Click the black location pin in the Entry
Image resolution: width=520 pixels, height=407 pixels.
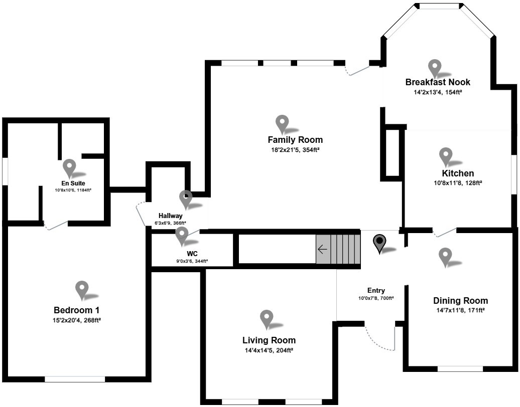pyautogui.click(x=380, y=243)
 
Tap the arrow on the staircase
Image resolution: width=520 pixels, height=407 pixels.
pyautogui.click(x=322, y=249)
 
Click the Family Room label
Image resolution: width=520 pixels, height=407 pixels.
pyautogui.click(x=295, y=140)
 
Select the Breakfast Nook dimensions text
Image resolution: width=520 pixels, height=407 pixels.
pyautogui.click(x=438, y=92)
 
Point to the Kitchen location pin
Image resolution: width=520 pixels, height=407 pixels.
pyautogui.click(x=446, y=156)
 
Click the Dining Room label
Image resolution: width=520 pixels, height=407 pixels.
pyautogui.click(x=460, y=301)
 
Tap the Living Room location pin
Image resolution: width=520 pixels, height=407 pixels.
pyautogui.click(x=267, y=319)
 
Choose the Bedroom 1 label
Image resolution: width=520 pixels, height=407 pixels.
pyautogui.click(x=80, y=310)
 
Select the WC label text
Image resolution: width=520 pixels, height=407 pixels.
pyautogui.click(x=192, y=254)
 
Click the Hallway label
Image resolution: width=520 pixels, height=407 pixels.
pyautogui.click(x=171, y=216)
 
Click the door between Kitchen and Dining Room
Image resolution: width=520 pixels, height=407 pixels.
pyautogui.click(x=445, y=232)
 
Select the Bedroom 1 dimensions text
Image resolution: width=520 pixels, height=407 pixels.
pyautogui.click(x=80, y=320)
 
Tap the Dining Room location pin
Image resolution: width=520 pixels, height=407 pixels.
pyautogui.click(x=445, y=257)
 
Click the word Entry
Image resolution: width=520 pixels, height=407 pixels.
pyautogui.click(x=376, y=290)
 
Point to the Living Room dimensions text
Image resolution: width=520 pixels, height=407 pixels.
pyautogui.click(x=269, y=350)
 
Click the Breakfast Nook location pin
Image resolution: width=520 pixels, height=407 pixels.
pyautogui.click(x=434, y=68)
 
